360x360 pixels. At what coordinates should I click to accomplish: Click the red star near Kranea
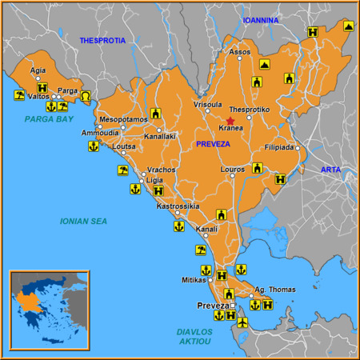click(x=230, y=120)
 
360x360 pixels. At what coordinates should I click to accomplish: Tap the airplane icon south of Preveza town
click(x=243, y=322)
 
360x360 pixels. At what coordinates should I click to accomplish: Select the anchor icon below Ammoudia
click(x=93, y=146)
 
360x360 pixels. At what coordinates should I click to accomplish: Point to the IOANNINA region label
click(x=261, y=20)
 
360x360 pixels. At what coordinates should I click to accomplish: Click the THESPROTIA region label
click(x=103, y=40)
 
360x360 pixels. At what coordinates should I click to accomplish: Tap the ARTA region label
click(x=331, y=170)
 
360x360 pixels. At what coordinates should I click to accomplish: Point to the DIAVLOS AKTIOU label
click(x=195, y=336)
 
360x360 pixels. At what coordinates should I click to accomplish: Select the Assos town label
click(x=240, y=52)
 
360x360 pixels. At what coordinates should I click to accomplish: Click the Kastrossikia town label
click(x=178, y=206)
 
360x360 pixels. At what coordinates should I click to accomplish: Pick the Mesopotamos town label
click(x=123, y=119)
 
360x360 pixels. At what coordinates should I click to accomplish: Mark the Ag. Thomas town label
click(x=274, y=290)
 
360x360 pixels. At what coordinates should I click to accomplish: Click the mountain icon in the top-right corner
click(x=349, y=26)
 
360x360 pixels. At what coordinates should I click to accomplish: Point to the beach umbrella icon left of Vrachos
click(x=122, y=170)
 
